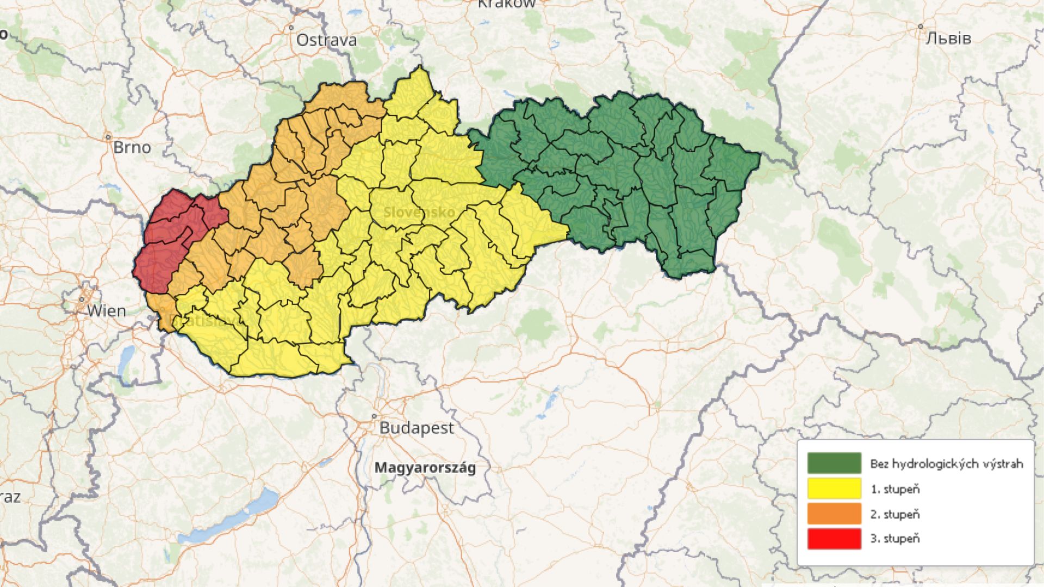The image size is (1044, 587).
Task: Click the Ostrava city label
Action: pyautogui.click(x=326, y=40)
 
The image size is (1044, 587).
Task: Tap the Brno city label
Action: pyautogui.click(x=132, y=147)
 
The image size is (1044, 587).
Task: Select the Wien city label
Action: pyautogui.click(x=107, y=311)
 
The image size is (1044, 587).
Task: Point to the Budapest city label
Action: pyautogui.click(x=416, y=428)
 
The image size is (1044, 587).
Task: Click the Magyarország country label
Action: pyautogui.click(x=425, y=467)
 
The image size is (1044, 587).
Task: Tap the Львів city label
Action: pyautogui.click(x=948, y=38)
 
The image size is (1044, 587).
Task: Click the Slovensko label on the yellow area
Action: pyautogui.click(x=419, y=212)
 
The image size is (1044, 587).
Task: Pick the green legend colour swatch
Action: pyautogui.click(x=834, y=463)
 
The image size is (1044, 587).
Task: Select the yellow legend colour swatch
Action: pyautogui.click(x=834, y=488)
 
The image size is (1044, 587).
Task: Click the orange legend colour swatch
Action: pyautogui.click(x=834, y=513)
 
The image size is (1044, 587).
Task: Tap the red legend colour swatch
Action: pyautogui.click(x=834, y=538)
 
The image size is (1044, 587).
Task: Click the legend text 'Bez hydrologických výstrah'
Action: pyautogui.click(x=946, y=464)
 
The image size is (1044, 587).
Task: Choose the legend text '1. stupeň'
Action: pyautogui.click(x=895, y=489)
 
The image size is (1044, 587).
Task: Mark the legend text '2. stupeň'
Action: pyautogui.click(x=895, y=514)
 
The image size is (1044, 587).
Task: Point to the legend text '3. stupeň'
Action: pyautogui.click(x=895, y=539)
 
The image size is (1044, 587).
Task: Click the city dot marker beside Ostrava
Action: pyautogui.click(x=291, y=27)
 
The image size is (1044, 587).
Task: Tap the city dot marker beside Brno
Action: pyautogui.click(x=109, y=137)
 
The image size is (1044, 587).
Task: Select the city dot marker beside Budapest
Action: pyautogui.click(x=374, y=416)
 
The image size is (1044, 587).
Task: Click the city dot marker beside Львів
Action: pyautogui.click(x=920, y=26)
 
